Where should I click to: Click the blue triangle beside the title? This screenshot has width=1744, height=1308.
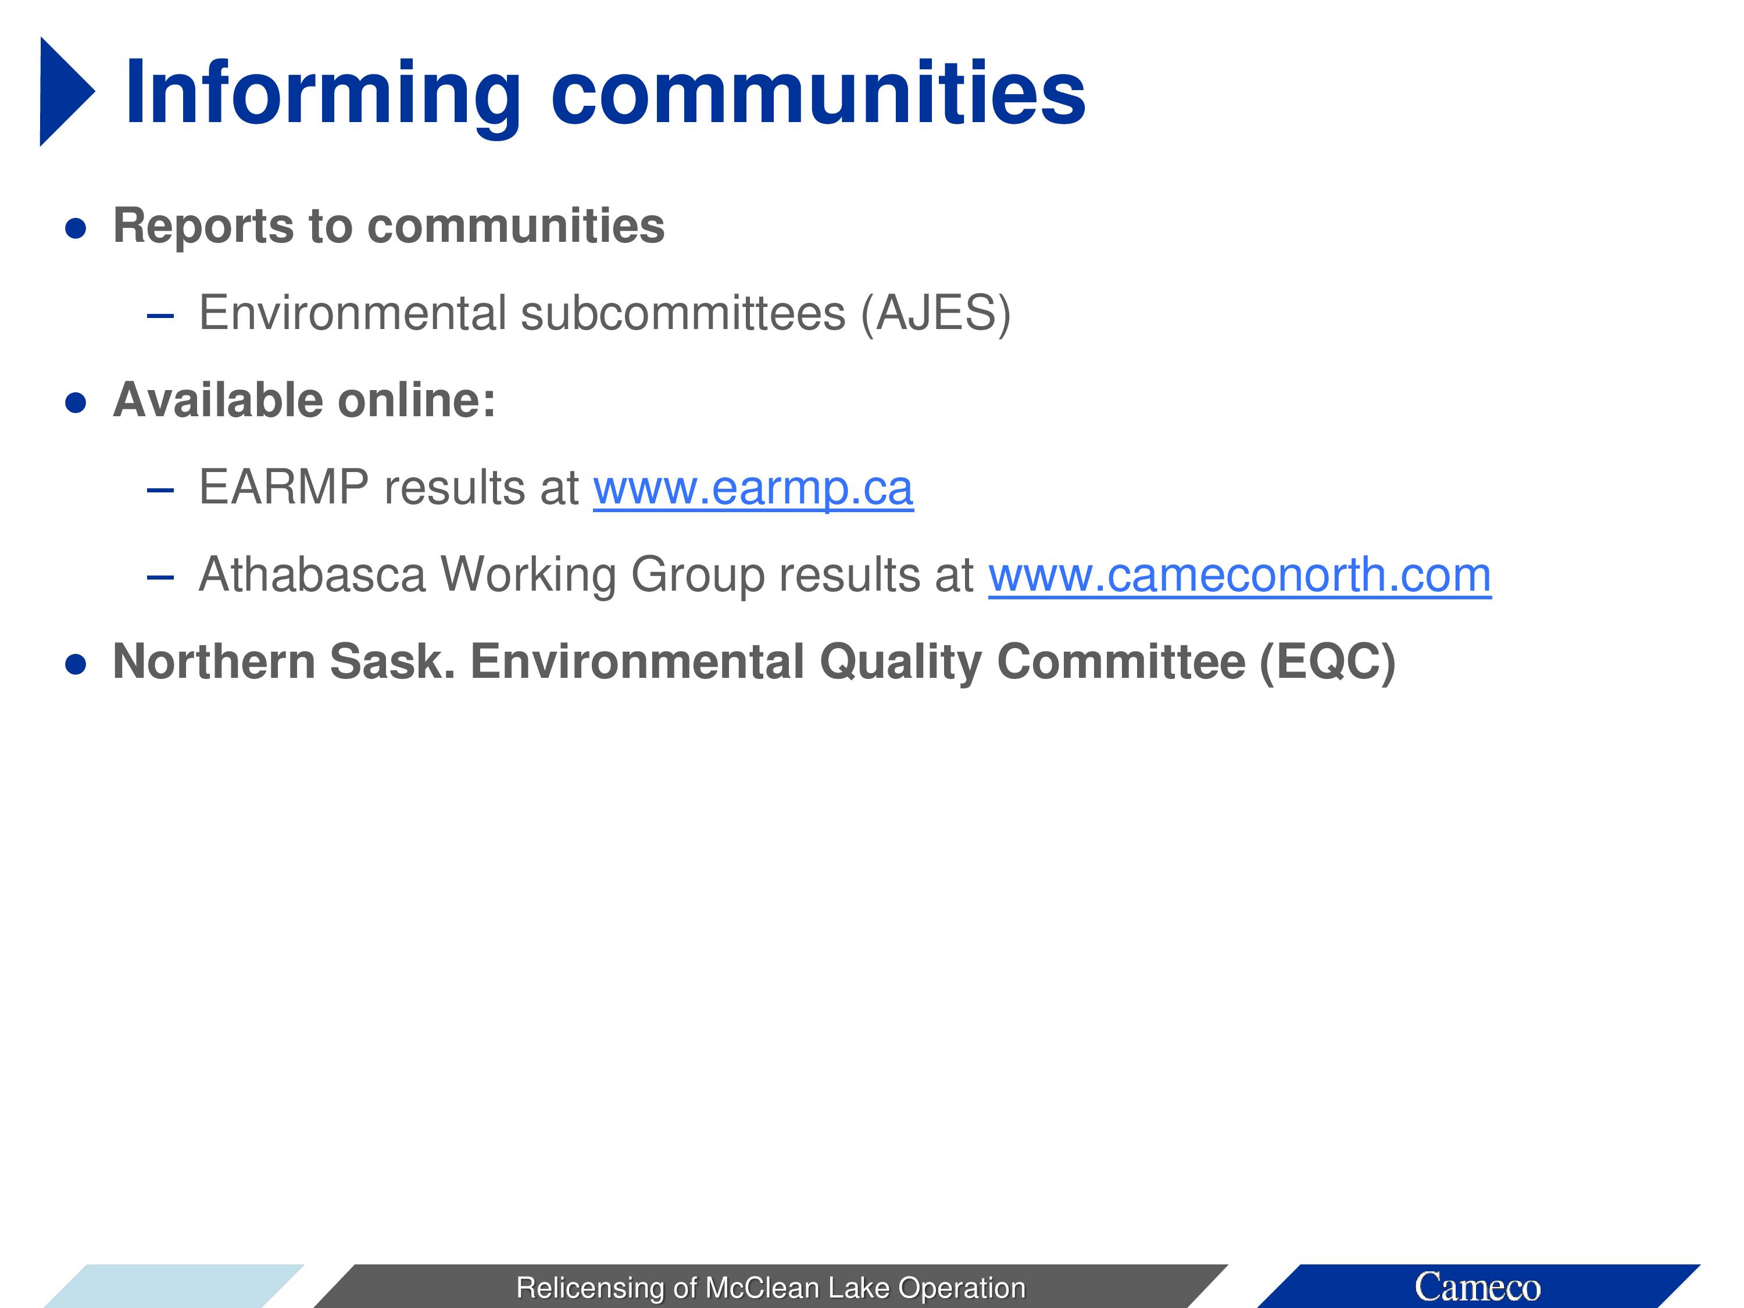[63, 91]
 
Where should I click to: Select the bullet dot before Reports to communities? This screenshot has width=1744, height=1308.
[76, 228]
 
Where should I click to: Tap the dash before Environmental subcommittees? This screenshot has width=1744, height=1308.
[160, 316]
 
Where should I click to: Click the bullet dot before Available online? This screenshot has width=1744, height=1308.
[76, 403]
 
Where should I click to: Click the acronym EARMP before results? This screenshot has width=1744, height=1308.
[284, 487]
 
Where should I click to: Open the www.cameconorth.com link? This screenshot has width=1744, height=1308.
[1240, 575]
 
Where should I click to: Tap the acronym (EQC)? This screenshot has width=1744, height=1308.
[1328, 662]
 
